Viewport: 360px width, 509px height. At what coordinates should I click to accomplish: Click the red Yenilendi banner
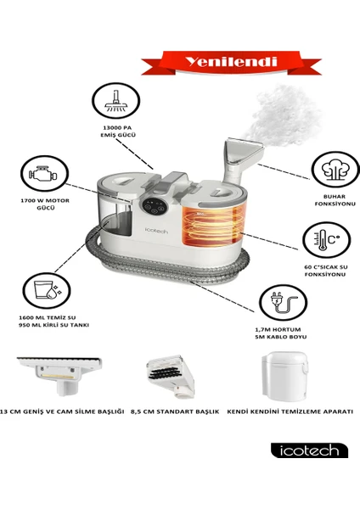tap(231, 62)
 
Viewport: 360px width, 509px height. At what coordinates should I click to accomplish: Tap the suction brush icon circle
tap(116, 100)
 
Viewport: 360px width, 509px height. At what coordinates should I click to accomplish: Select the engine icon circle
tap(44, 173)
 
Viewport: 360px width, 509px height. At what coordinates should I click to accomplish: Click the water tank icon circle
tap(47, 290)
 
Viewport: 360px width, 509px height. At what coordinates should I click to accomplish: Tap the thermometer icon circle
tap(327, 240)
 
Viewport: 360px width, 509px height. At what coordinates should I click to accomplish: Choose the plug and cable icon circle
tap(284, 303)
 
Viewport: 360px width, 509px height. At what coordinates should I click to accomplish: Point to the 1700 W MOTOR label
tap(45, 200)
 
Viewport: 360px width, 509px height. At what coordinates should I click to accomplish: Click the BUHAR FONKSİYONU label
tap(335, 200)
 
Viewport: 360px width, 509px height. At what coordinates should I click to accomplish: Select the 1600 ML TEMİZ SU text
tap(47, 317)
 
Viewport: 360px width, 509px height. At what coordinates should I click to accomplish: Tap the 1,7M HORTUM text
tap(278, 329)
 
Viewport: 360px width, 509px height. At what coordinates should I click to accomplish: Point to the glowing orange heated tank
tap(213, 226)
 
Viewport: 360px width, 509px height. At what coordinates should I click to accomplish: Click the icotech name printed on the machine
tap(156, 231)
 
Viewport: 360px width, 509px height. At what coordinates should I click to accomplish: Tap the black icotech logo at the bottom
tap(309, 450)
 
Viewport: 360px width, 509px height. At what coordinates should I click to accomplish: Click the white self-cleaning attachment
tap(284, 376)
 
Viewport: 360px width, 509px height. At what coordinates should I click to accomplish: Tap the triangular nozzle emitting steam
tap(243, 154)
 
